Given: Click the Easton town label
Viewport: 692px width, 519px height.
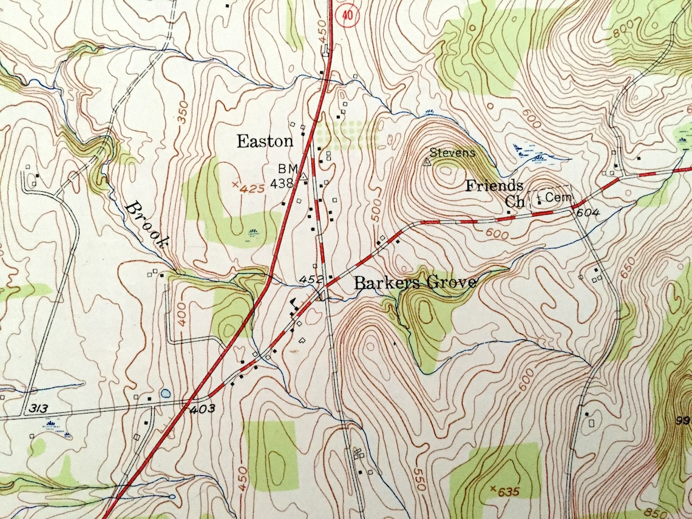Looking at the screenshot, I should coord(265,142).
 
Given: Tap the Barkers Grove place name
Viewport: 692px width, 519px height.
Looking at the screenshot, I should coord(415,283).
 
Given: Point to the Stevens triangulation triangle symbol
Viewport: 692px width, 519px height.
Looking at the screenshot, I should coord(427,162).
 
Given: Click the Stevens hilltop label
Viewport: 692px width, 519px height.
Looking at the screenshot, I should coord(453,152).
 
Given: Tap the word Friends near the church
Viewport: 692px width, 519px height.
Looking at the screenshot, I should coord(494,186).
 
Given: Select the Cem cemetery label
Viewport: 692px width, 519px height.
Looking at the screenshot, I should coord(555,197).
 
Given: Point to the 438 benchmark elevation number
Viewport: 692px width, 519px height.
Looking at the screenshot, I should coord(282,183).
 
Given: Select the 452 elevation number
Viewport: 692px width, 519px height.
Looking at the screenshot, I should coord(310,279).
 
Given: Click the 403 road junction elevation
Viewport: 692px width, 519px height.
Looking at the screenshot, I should coord(202,410).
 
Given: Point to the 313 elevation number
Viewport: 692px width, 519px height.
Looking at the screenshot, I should coord(37,408).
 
